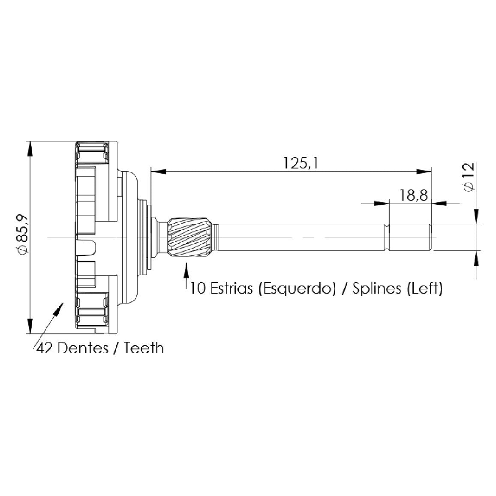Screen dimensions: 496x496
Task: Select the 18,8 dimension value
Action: click(413, 195)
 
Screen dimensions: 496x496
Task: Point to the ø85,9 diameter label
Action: click(24, 234)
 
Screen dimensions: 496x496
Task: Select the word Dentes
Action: click(83, 348)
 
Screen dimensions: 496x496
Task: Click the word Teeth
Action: click(144, 348)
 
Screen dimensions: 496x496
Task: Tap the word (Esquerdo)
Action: click(297, 289)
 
